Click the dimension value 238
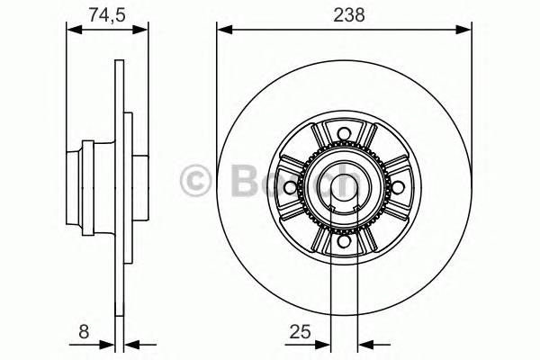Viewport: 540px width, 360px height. point(343,13)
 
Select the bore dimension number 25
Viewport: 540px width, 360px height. point(301,333)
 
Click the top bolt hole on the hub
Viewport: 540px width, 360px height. point(343,137)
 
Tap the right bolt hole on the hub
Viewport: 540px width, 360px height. point(395,187)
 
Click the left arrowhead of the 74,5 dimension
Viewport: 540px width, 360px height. point(74,30)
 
